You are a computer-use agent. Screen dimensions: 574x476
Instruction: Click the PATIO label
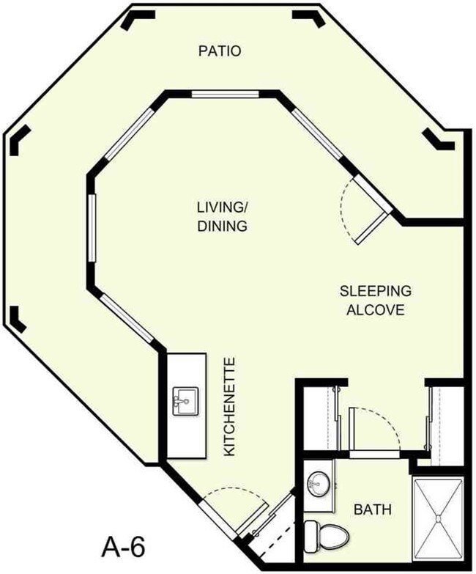pos(220,51)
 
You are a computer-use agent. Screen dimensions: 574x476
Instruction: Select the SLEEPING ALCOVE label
pos(375,300)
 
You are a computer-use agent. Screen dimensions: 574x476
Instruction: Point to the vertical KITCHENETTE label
pos(229,407)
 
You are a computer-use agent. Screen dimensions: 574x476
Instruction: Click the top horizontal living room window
pos(224,94)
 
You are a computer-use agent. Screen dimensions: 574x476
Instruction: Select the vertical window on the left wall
pos(92,227)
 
